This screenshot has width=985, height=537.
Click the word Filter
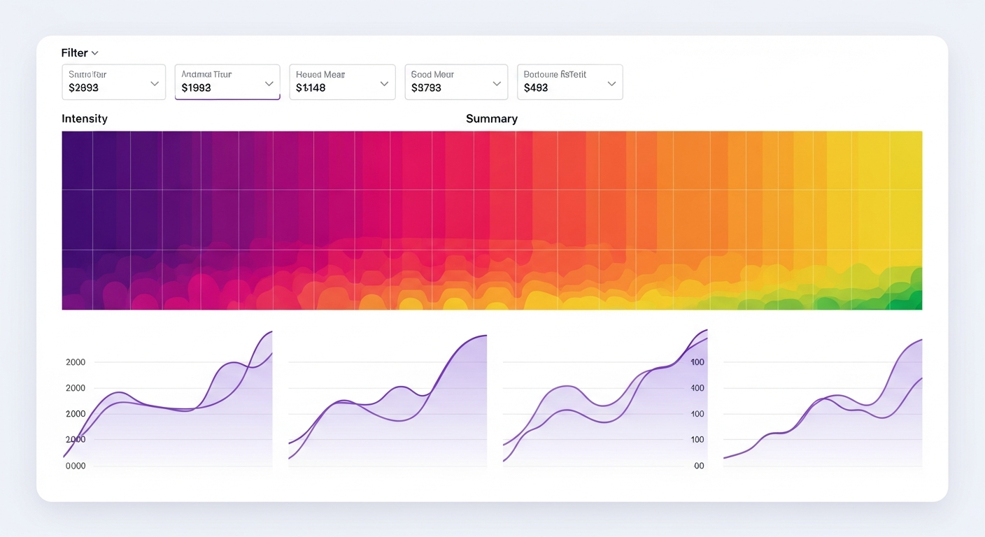pos(74,53)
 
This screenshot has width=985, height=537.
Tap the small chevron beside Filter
pos(95,53)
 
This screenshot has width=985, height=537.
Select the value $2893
pos(83,88)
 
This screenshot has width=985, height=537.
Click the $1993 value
pos(196,88)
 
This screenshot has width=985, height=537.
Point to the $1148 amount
pos(311,88)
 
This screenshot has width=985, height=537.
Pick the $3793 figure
pos(426,88)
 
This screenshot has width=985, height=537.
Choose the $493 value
pos(536,88)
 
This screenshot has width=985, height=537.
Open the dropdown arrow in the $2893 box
pos(155,83)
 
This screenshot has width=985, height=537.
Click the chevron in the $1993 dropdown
pos(269,83)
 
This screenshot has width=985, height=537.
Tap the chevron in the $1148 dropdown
pos(384,83)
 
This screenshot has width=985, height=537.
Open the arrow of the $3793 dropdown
pos(497,83)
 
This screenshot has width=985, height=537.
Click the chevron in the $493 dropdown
pos(611,83)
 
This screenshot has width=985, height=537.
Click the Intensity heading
pos(85,119)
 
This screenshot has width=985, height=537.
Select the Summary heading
pos(492,119)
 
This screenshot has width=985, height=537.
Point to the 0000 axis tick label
pos(75,466)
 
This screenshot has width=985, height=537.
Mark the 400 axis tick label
pos(697,388)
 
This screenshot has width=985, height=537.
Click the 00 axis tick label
pos(699,466)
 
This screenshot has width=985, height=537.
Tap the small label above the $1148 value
pos(320,74)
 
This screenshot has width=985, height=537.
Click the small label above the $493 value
pos(555,74)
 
